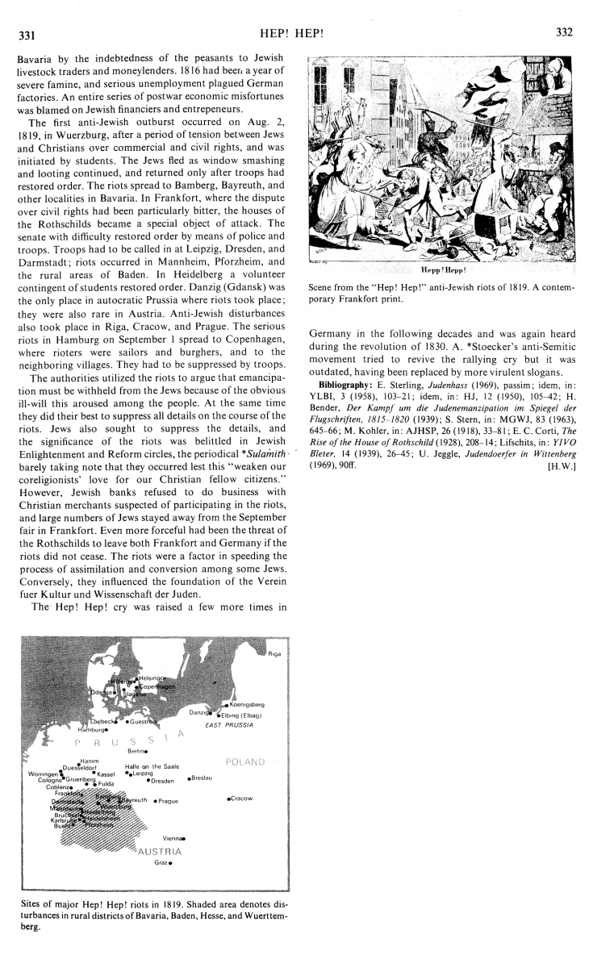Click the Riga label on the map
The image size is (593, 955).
[x=274, y=653]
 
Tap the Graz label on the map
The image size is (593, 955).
[x=160, y=862]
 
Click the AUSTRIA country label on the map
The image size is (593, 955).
[x=161, y=851]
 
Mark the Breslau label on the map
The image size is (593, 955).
[x=202, y=778]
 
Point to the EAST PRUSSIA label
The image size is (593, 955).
[x=230, y=725]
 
